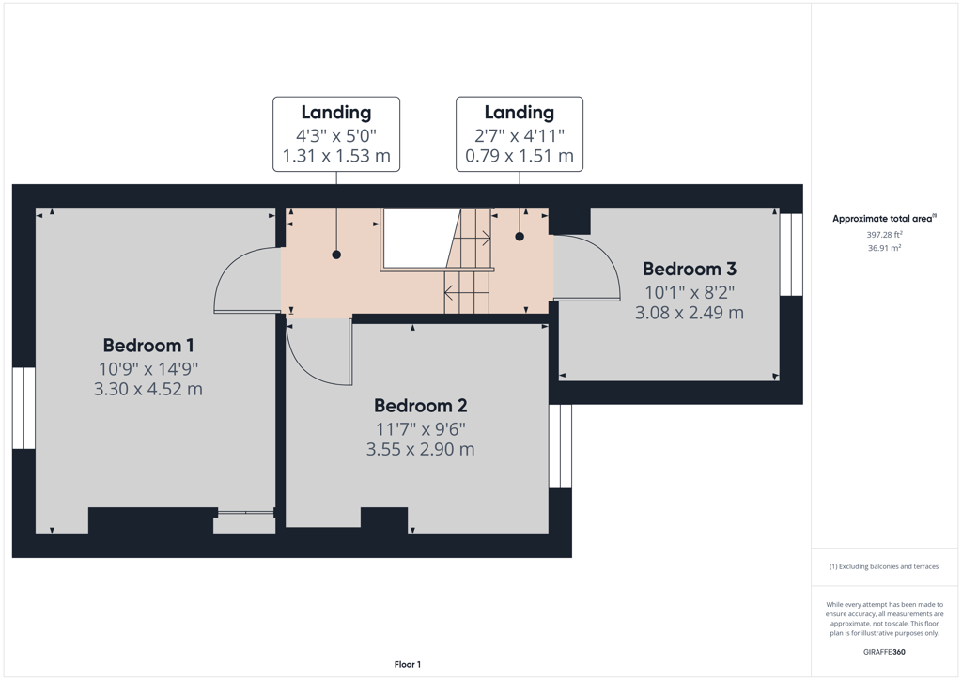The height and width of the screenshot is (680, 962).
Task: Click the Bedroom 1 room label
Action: (x=148, y=346)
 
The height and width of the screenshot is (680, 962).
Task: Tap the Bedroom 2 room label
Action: (x=420, y=406)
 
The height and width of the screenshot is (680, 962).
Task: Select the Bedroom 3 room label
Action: (x=690, y=270)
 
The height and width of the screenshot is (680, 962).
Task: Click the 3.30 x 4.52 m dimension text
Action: (x=147, y=390)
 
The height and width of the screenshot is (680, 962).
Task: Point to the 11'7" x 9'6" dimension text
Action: (x=420, y=428)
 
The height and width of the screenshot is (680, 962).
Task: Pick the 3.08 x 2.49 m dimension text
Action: (x=689, y=313)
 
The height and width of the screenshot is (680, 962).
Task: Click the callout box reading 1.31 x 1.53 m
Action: (x=336, y=134)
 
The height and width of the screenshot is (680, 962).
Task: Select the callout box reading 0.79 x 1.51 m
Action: (x=520, y=134)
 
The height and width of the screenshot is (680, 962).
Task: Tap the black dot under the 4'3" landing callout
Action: (x=336, y=255)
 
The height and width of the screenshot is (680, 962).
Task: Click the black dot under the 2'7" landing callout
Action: (x=520, y=237)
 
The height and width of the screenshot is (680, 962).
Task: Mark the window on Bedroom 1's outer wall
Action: (x=23, y=409)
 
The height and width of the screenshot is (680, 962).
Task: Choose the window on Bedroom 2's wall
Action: (x=560, y=446)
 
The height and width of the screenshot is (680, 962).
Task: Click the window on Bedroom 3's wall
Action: (x=791, y=255)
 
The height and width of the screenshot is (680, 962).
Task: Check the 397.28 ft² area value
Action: (x=884, y=234)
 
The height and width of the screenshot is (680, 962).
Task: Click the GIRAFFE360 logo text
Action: (x=884, y=652)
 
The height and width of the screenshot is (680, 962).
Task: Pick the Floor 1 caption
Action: (x=408, y=665)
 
